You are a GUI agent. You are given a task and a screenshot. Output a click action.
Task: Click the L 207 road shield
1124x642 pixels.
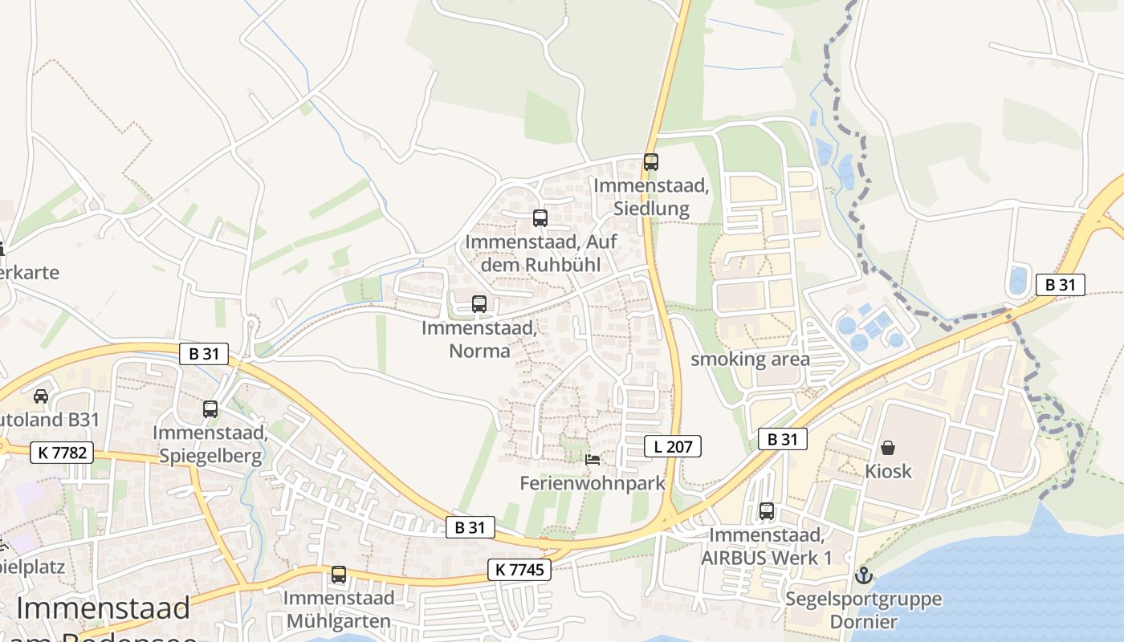pyautogui.click(x=673, y=446)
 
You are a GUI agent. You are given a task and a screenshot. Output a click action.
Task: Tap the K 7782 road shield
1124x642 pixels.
pyautogui.click(x=62, y=453)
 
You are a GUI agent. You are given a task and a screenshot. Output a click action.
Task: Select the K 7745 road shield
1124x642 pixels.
pyautogui.click(x=519, y=571)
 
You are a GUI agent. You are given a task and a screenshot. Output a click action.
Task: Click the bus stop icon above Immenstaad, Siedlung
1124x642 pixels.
pyautogui.click(x=651, y=161)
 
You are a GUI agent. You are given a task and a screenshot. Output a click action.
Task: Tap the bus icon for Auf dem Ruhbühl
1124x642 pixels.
pyautogui.click(x=540, y=217)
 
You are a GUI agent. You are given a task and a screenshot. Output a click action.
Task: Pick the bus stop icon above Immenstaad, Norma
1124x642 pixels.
pyautogui.click(x=479, y=304)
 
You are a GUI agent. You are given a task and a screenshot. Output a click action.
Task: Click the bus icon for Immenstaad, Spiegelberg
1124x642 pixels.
pyautogui.click(x=210, y=409)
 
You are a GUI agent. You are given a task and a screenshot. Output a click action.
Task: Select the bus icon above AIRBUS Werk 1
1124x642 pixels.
pyautogui.click(x=767, y=511)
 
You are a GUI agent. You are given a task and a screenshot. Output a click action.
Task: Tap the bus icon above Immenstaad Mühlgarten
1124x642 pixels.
pyautogui.click(x=339, y=575)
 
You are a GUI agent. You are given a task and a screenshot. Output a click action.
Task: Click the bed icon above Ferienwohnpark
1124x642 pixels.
pyautogui.click(x=593, y=459)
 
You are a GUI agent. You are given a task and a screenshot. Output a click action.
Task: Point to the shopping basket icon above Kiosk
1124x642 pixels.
pyautogui.click(x=888, y=448)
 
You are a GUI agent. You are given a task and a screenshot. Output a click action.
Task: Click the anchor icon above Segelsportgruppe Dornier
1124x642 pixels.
pyautogui.click(x=864, y=575)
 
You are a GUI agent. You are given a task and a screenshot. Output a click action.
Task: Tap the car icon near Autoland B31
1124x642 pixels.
pyautogui.click(x=40, y=396)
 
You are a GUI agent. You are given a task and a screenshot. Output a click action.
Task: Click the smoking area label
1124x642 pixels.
pyautogui.click(x=750, y=359)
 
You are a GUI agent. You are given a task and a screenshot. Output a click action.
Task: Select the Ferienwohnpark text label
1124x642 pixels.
pyautogui.click(x=593, y=483)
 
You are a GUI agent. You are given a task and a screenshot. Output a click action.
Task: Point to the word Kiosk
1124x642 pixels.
pyautogui.click(x=888, y=471)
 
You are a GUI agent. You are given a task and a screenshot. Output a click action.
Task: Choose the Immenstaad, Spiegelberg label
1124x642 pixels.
pyautogui.click(x=210, y=445)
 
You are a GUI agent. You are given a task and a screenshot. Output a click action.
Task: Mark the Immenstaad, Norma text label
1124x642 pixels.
pyautogui.click(x=479, y=339)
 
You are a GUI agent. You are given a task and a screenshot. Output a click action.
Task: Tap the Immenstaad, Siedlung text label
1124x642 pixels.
pyautogui.click(x=651, y=197)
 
